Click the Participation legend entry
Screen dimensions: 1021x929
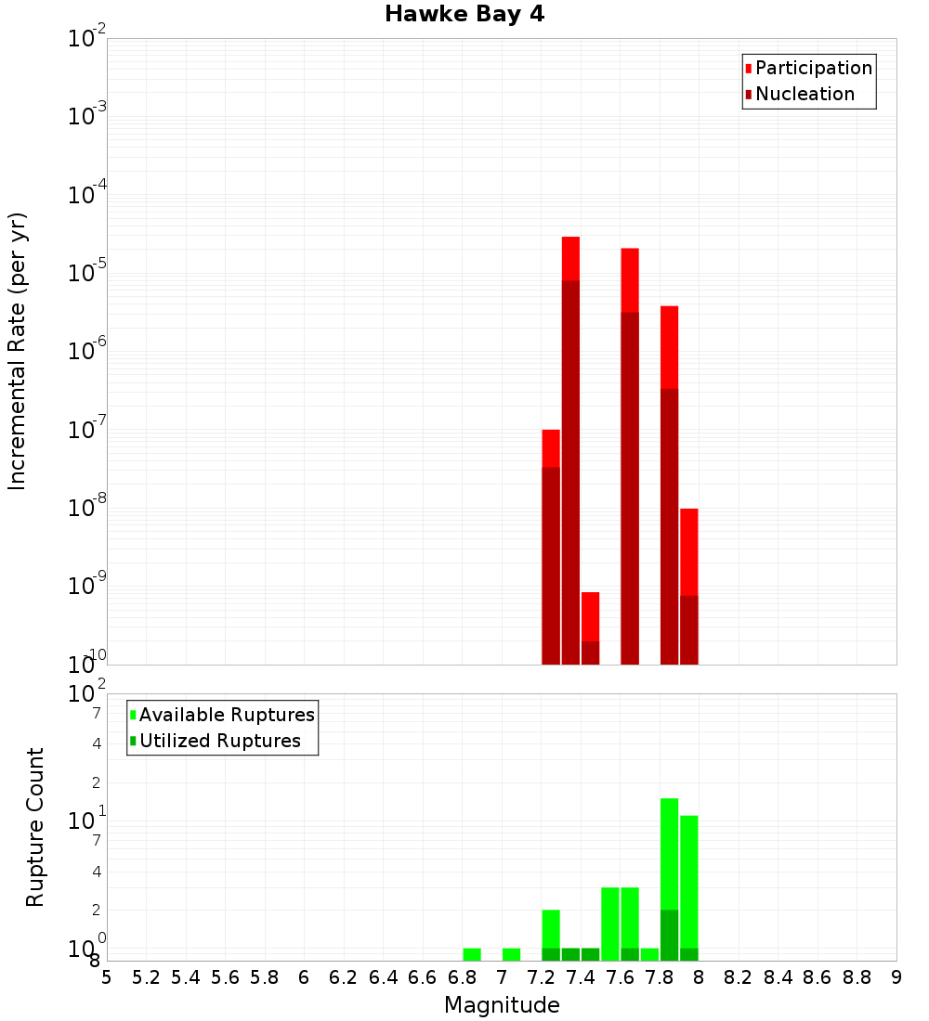pyautogui.click(x=814, y=68)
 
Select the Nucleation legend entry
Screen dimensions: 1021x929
pyautogui.click(x=805, y=94)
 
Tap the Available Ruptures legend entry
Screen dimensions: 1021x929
pyautogui.click(x=227, y=715)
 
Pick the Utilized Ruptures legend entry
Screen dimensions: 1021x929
pyautogui.click(x=219, y=741)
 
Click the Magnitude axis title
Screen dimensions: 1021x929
pyautogui.click(x=502, y=1005)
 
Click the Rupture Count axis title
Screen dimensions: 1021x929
pyautogui.click(x=35, y=826)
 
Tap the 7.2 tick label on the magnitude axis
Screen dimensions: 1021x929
pyautogui.click(x=542, y=976)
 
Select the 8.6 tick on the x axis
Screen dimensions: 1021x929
pyautogui.click(x=818, y=976)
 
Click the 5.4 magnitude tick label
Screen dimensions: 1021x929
pyautogui.click(x=186, y=976)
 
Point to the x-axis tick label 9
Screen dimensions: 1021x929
pyautogui.click(x=896, y=976)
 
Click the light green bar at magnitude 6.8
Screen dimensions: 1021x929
pyautogui.click(x=472, y=954)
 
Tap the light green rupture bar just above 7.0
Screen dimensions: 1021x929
pyautogui.click(x=511, y=954)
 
